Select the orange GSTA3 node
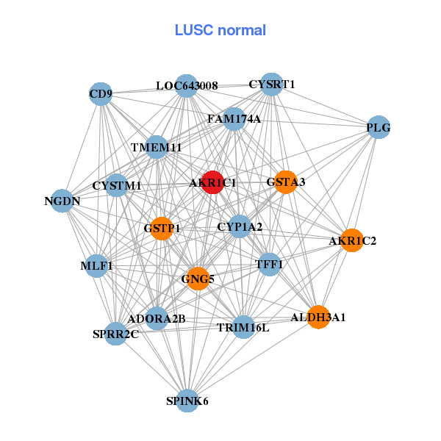tap(285, 182)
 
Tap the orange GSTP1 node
tap(162, 229)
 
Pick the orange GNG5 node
tap(198, 279)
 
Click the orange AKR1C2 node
tap(352, 240)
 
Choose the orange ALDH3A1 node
tap(318, 317)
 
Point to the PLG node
tap(378, 128)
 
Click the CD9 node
tap(100, 93)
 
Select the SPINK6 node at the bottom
tap(187, 401)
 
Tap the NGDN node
tap(62, 200)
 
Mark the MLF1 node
tap(96, 265)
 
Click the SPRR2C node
tap(115, 334)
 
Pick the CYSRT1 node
tap(272, 85)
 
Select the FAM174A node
tap(234, 118)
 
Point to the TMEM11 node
tap(156, 147)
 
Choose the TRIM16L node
tap(243, 327)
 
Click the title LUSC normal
tap(220, 30)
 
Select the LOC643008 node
tap(187, 86)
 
